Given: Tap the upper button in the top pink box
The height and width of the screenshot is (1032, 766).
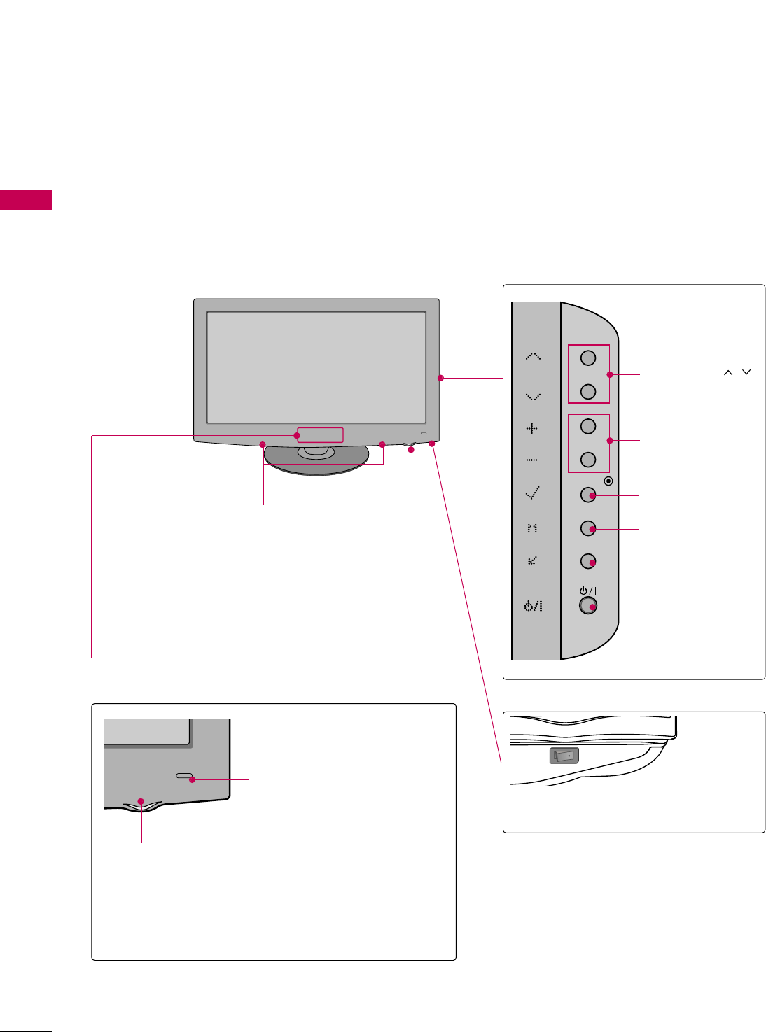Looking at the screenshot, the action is click(588, 358).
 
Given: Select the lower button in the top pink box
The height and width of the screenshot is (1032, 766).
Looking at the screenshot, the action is click(588, 391).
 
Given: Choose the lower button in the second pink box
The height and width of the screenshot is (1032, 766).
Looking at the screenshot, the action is click(588, 459).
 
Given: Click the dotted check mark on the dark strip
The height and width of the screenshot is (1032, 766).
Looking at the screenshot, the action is click(532, 493).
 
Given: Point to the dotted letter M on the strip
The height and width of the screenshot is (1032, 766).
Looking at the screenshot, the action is click(532, 528).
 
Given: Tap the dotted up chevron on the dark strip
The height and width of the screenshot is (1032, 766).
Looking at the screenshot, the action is click(533, 357).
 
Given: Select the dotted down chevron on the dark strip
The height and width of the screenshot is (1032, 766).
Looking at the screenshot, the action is click(533, 397).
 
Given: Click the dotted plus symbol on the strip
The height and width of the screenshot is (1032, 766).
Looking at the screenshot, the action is click(532, 428).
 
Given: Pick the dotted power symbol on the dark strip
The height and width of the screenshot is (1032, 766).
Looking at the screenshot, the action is click(533, 606).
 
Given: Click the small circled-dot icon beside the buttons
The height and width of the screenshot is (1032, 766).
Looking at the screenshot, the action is click(608, 481).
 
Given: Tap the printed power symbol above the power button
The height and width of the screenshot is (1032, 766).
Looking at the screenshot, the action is click(587, 591).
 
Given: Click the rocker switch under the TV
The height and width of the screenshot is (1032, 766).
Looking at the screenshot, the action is click(564, 756).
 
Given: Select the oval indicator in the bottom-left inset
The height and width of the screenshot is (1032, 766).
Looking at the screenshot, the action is click(184, 777).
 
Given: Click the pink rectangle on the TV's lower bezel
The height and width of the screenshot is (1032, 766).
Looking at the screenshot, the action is click(320, 435).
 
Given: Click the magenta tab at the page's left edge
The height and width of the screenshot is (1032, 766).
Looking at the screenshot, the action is click(26, 200).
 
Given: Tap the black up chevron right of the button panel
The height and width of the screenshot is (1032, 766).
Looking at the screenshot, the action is click(728, 373).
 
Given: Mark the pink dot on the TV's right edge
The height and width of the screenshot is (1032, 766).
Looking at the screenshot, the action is click(440, 378).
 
